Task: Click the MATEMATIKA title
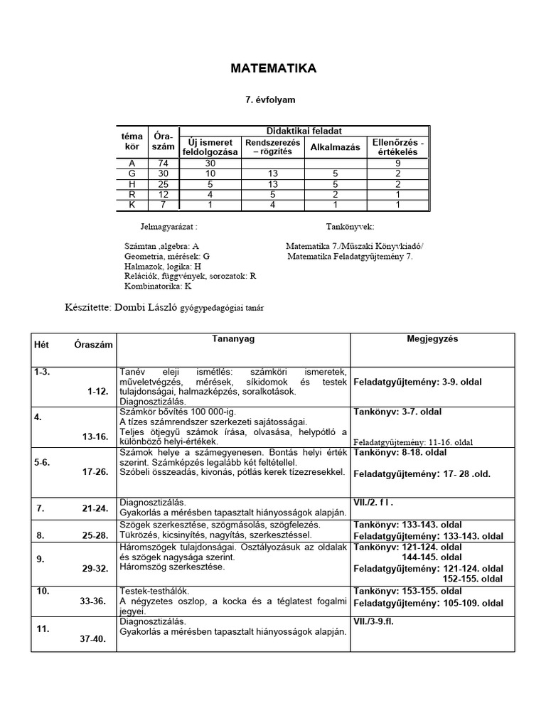point(273,68)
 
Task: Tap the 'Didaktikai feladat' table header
point(304,131)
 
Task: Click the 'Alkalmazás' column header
point(335,146)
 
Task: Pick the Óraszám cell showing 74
point(164,163)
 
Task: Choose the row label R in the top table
point(132,194)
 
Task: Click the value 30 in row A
point(210,163)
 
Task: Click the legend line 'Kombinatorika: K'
point(157,287)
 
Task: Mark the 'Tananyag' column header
point(233,339)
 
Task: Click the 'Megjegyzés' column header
point(432,339)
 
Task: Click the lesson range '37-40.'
point(92,638)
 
